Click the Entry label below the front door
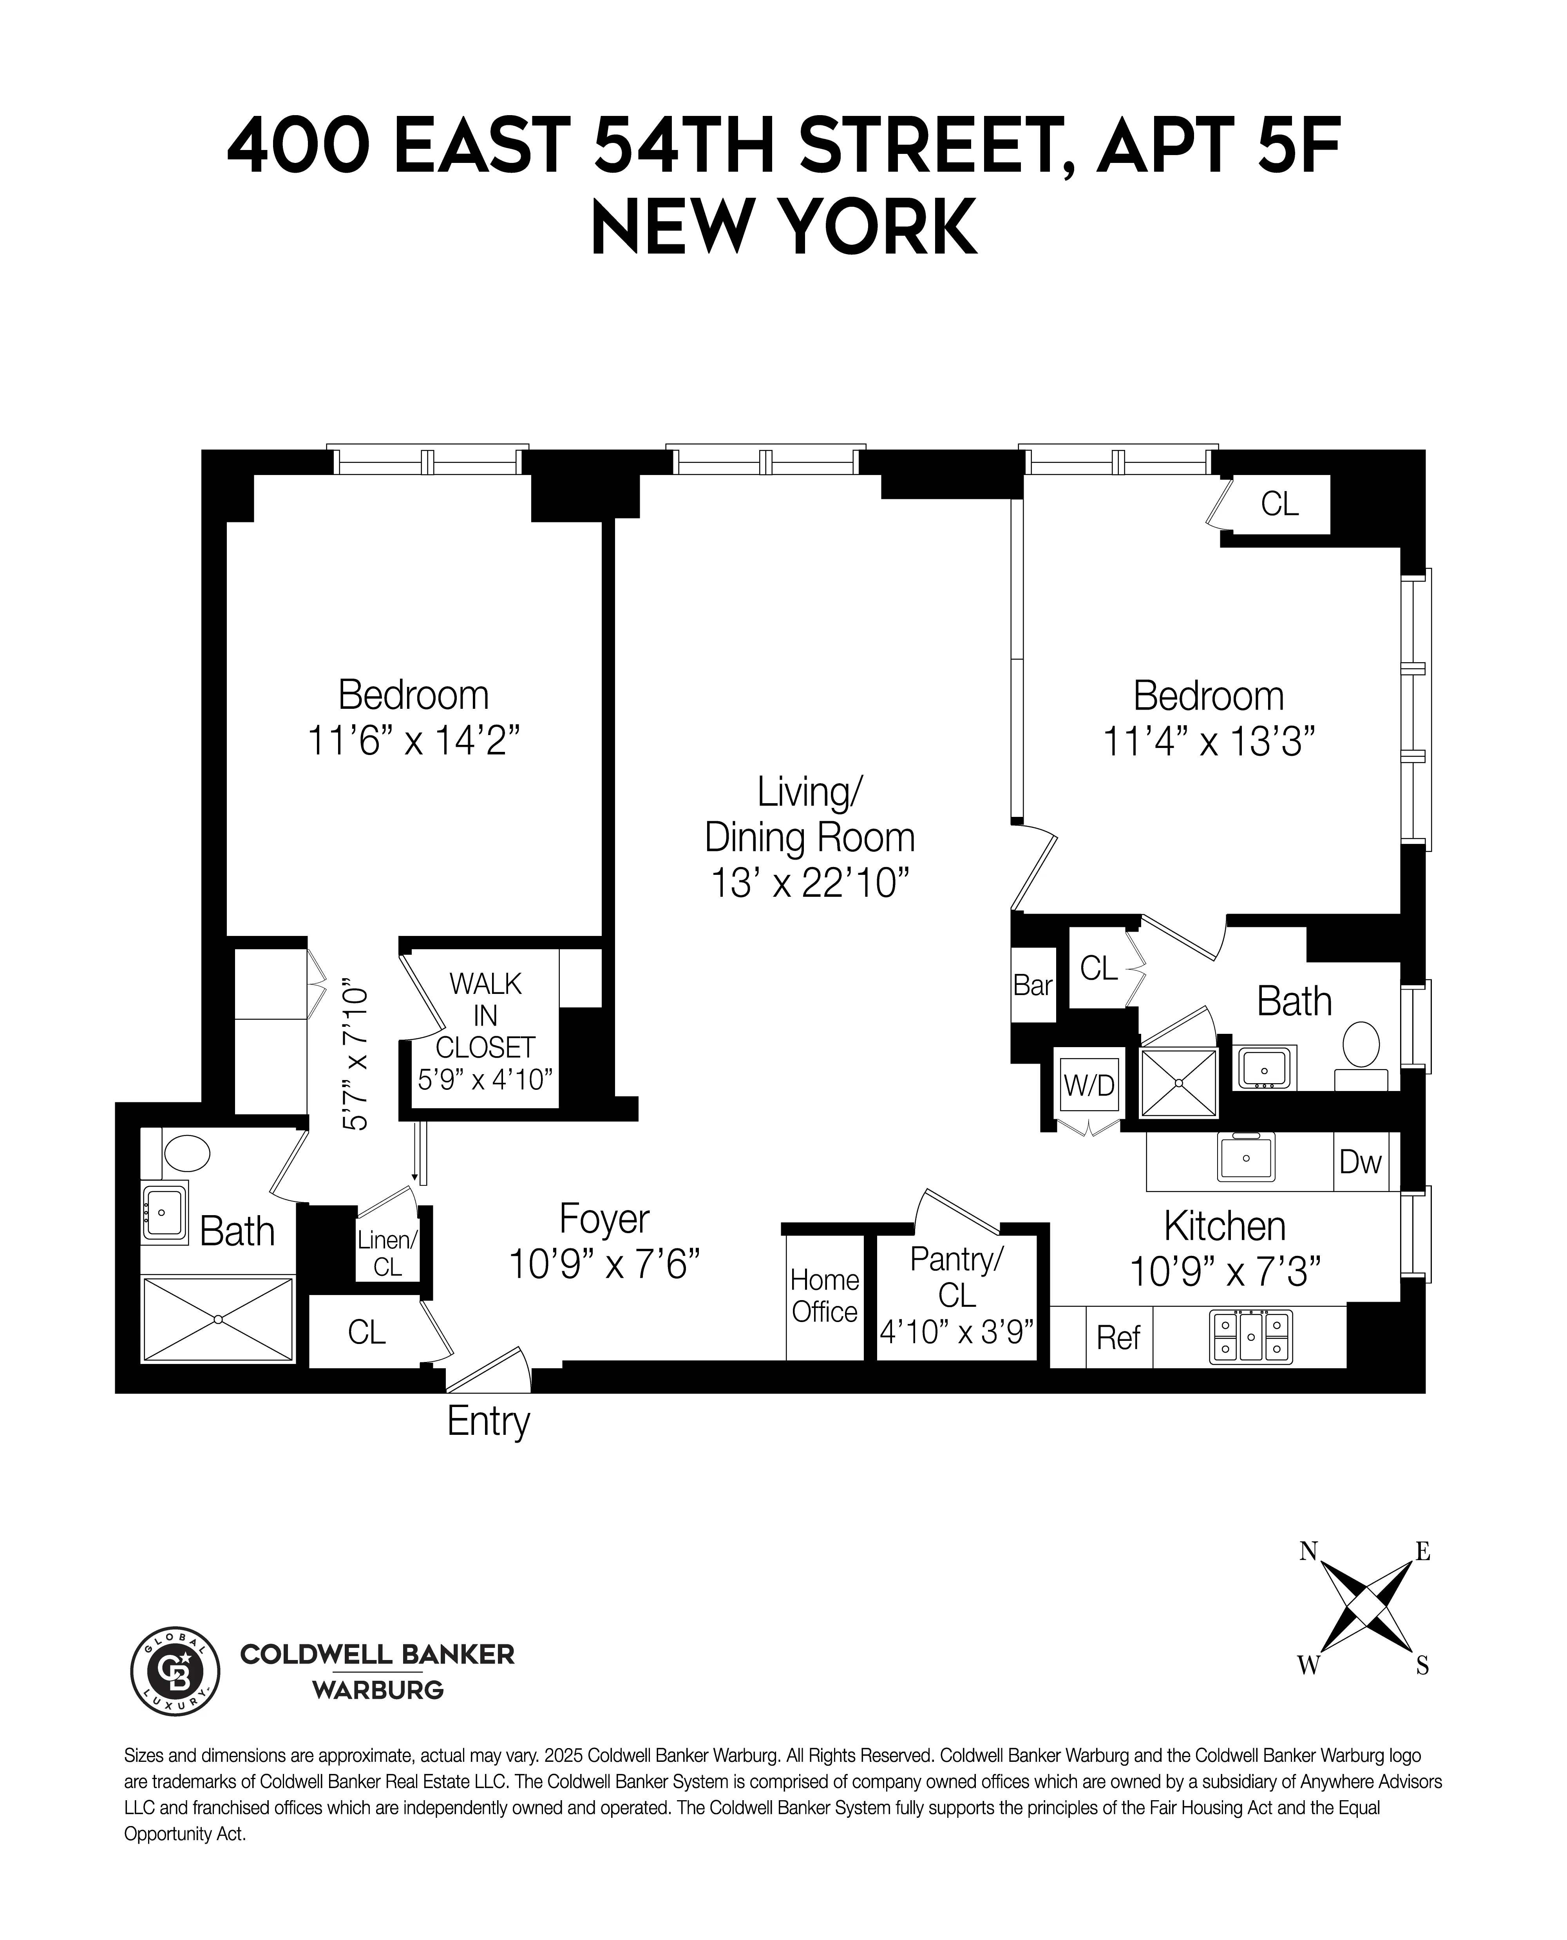click(489, 1422)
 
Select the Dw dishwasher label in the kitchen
click(1360, 1162)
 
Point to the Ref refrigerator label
click(1118, 1337)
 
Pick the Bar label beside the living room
click(1033, 984)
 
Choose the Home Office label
click(824, 1296)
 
